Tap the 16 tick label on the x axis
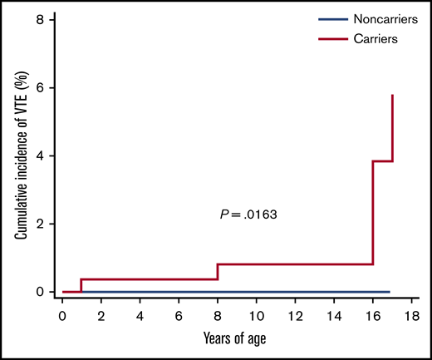[373, 316]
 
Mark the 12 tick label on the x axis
[296, 316]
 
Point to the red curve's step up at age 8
[218, 272]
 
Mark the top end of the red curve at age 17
[392, 96]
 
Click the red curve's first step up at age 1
[81, 285]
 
